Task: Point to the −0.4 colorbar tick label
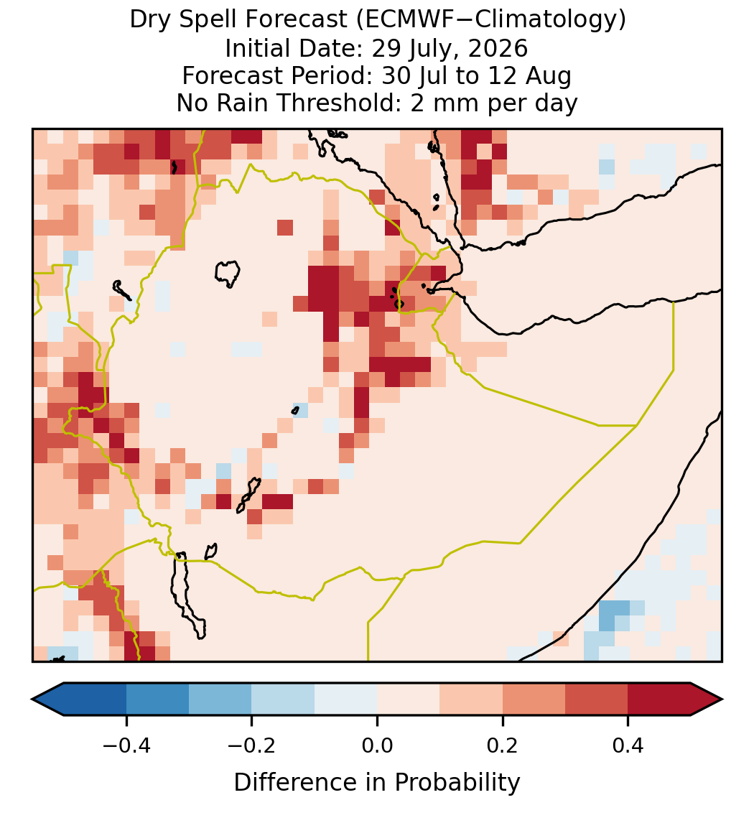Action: click(x=126, y=745)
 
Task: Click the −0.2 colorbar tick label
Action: click(x=251, y=745)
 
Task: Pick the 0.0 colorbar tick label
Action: click(x=377, y=745)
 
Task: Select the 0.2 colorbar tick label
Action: click(x=502, y=745)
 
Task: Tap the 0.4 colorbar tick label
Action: click(x=628, y=745)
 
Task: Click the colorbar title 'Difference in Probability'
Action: click(x=377, y=783)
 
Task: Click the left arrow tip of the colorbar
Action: click(x=32, y=699)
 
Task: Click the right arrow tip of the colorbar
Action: click(x=722, y=699)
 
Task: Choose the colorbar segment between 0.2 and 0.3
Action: click(x=534, y=699)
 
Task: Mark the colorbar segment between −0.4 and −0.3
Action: click(x=157, y=699)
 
